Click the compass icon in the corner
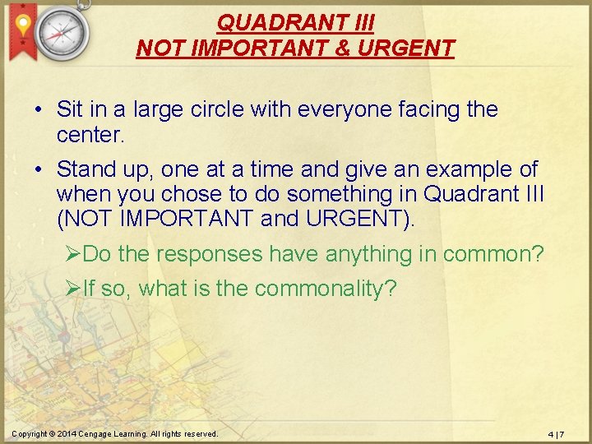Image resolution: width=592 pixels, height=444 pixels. coord(62,32)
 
